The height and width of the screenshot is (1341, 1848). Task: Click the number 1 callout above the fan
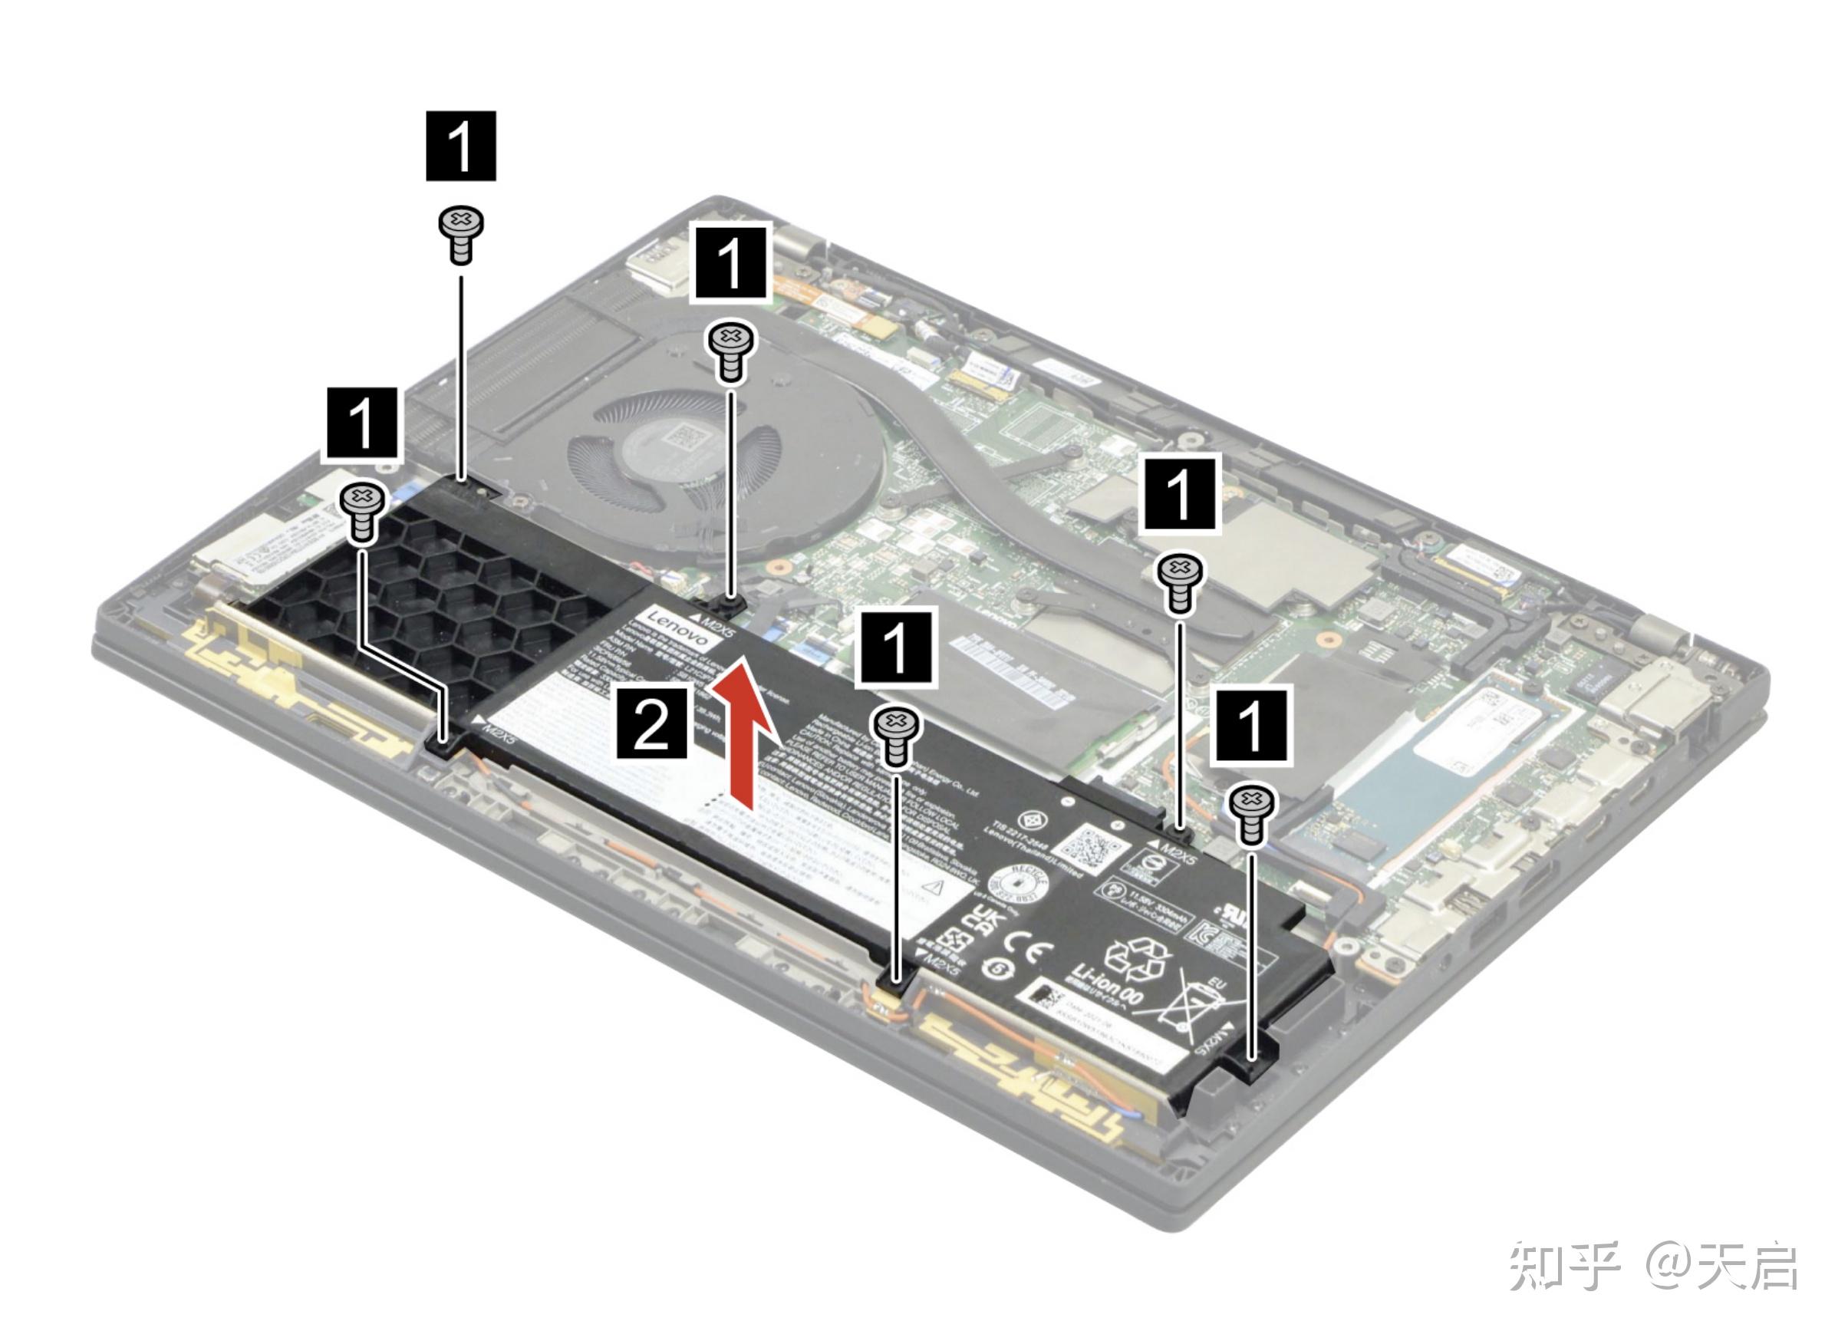tap(731, 262)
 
